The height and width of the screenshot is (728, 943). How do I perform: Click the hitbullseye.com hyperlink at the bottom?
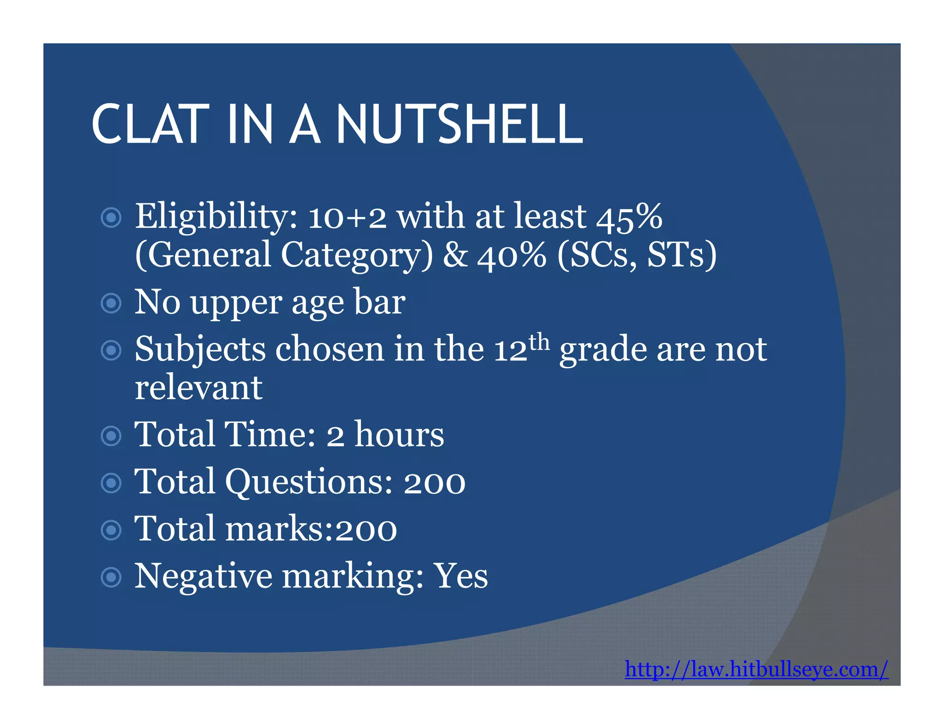[756, 669]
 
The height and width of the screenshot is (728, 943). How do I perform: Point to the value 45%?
[629, 216]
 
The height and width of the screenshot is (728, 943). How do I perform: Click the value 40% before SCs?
[512, 255]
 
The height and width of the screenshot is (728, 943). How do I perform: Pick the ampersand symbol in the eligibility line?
[455, 255]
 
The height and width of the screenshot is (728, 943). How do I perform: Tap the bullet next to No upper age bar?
[111, 303]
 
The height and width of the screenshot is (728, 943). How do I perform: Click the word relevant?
[198, 387]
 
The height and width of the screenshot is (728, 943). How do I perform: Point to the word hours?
[399, 434]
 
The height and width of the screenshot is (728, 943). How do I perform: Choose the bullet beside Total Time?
[111, 436]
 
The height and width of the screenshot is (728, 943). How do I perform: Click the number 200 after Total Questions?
[434, 483]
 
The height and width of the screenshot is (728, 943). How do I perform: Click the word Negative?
[203, 577]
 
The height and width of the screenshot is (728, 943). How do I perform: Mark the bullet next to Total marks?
[111, 530]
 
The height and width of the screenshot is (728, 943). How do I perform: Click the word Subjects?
[200, 350]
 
